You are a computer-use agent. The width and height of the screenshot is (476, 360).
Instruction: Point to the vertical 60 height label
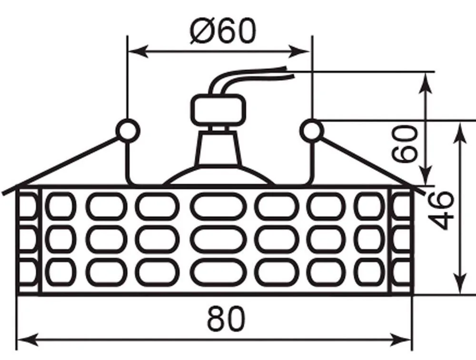404,143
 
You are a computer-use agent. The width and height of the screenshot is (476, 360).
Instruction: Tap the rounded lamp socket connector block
218,110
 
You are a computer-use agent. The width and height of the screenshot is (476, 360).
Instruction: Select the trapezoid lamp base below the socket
218,148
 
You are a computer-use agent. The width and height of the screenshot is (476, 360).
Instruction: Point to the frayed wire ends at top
288,72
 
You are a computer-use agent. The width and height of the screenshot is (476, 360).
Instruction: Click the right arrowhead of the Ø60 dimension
300,51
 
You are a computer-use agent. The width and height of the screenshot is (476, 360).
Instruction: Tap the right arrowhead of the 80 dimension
401,340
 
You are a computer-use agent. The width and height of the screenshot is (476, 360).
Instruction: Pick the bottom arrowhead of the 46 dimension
461,283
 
